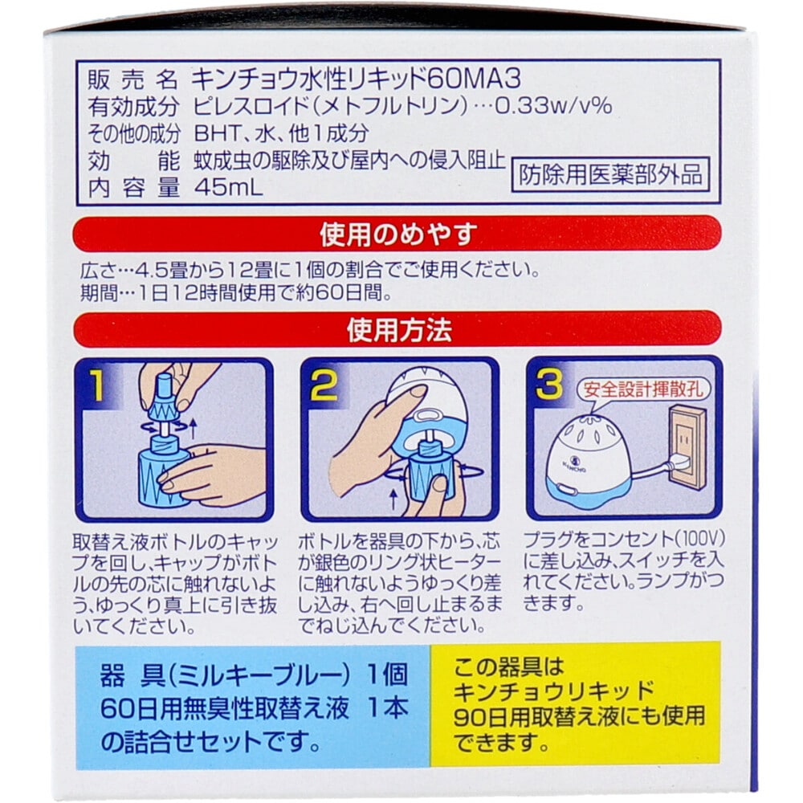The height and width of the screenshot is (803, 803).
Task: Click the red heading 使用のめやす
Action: tap(398, 234)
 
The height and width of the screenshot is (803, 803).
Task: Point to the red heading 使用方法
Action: tap(398, 328)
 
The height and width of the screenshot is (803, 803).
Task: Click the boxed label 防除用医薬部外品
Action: tap(611, 174)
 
